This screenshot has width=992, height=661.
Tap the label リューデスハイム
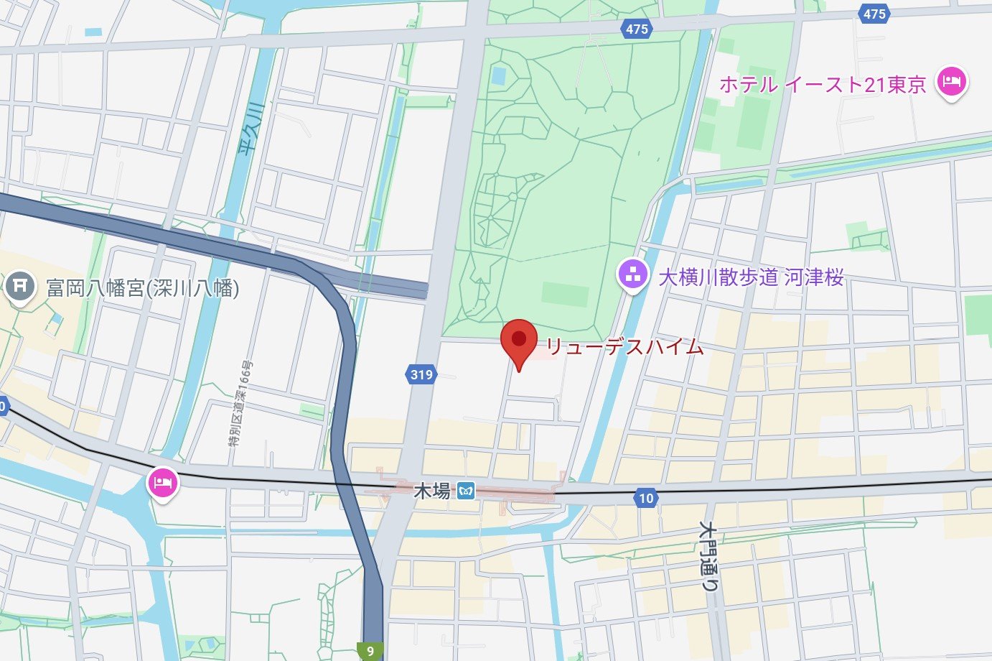tap(624, 347)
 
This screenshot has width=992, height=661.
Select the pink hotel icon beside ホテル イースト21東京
tap(952, 81)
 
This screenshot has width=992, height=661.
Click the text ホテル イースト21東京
tap(823, 85)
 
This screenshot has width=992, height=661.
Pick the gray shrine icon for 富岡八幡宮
tap(20, 287)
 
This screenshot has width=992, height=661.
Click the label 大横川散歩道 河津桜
tap(751, 277)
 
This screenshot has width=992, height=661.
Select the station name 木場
tap(432, 491)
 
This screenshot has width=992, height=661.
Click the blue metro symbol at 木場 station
tap(468, 491)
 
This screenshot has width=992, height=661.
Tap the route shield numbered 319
tap(421, 374)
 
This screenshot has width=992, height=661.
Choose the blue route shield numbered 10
tap(646, 498)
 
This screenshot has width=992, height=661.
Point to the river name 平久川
tap(250, 129)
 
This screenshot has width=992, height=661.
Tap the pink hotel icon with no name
tap(163, 482)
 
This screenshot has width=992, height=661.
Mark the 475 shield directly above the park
tap(637, 29)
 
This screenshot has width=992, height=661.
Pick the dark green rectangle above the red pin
tap(565, 294)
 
